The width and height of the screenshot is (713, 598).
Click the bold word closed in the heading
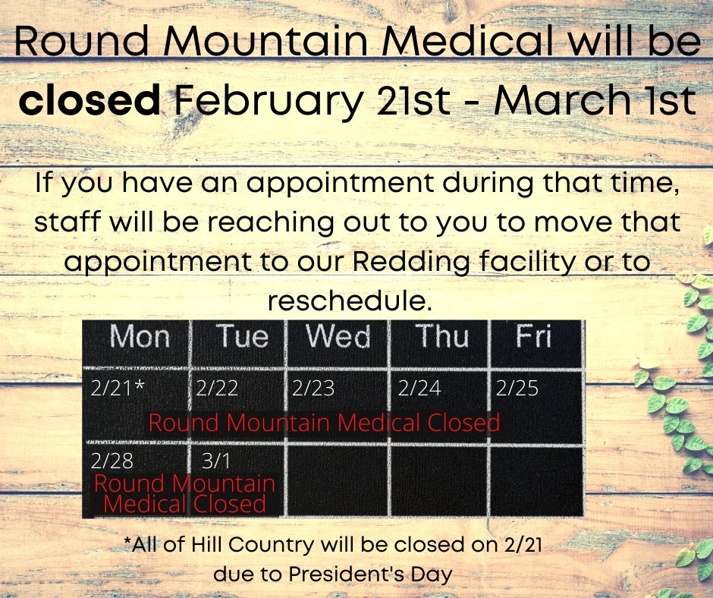pyautogui.click(x=90, y=101)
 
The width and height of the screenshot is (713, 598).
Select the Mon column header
pyautogui.click(x=140, y=337)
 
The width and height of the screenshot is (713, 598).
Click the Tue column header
pyautogui.click(x=242, y=337)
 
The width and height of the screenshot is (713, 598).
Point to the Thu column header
pyautogui.click(x=442, y=337)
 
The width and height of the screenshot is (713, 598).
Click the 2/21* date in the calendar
pyautogui.click(x=117, y=389)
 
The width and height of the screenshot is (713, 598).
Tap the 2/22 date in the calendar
pyautogui.click(x=217, y=389)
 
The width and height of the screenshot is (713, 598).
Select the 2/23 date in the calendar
pyautogui.click(x=313, y=389)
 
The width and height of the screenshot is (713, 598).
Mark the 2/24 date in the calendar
pyautogui.click(x=419, y=389)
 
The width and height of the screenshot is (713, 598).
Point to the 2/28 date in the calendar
pyautogui.click(x=112, y=461)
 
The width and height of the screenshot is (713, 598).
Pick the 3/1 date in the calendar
pyautogui.click(x=216, y=461)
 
